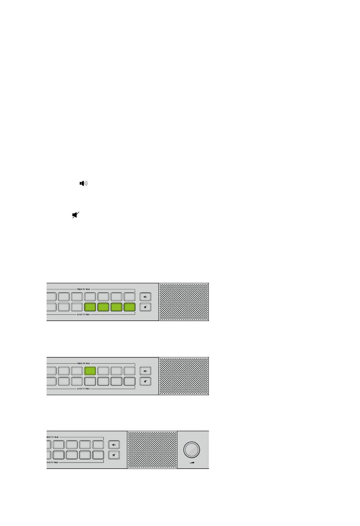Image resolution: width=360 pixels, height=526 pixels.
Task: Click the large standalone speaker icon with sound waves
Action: pyautogui.click(x=83, y=184)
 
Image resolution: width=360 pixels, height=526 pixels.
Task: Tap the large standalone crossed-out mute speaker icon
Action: pyautogui.click(x=76, y=215)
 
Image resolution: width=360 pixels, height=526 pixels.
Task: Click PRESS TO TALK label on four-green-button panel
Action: pyautogui.click(x=84, y=289)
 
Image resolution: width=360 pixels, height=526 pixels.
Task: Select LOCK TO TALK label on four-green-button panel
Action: pyautogui.click(x=84, y=314)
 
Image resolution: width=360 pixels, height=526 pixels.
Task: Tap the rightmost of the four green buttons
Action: pyautogui.click(x=130, y=307)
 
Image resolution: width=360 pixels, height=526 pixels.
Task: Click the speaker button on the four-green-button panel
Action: pyautogui.click(x=145, y=297)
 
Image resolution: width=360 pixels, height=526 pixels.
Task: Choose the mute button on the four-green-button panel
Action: pyautogui.click(x=145, y=307)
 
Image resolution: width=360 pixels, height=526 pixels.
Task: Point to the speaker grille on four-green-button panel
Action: pyautogui.click(x=184, y=302)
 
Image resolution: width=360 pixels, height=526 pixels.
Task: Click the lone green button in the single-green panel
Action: pyautogui.click(x=90, y=371)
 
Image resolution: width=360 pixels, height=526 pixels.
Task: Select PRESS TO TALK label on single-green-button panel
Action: pyautogui.click(x=84, y=364)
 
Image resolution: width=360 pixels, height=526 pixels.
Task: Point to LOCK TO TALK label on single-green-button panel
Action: pyautogui.click(x=84, y=389)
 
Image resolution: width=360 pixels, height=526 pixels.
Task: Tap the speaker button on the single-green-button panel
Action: pyautogui.click(x=145, y=371)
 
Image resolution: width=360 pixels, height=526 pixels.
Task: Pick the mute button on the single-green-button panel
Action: pyautogui.click(x=145, y=382)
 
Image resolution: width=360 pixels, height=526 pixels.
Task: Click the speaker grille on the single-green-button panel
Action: pyautogui.click(x=184, y=376)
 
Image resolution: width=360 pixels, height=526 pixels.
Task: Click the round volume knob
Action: pyautogui.click(x=191, y=449)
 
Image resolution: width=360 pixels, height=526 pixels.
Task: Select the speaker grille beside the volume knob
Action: pyautogui.click(x=152, y=450)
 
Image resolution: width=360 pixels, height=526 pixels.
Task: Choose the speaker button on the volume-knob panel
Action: pyautogui.click(x=114, y=444)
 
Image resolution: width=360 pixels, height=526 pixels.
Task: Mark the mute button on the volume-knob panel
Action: pyautogui.click(x=114, y=455)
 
